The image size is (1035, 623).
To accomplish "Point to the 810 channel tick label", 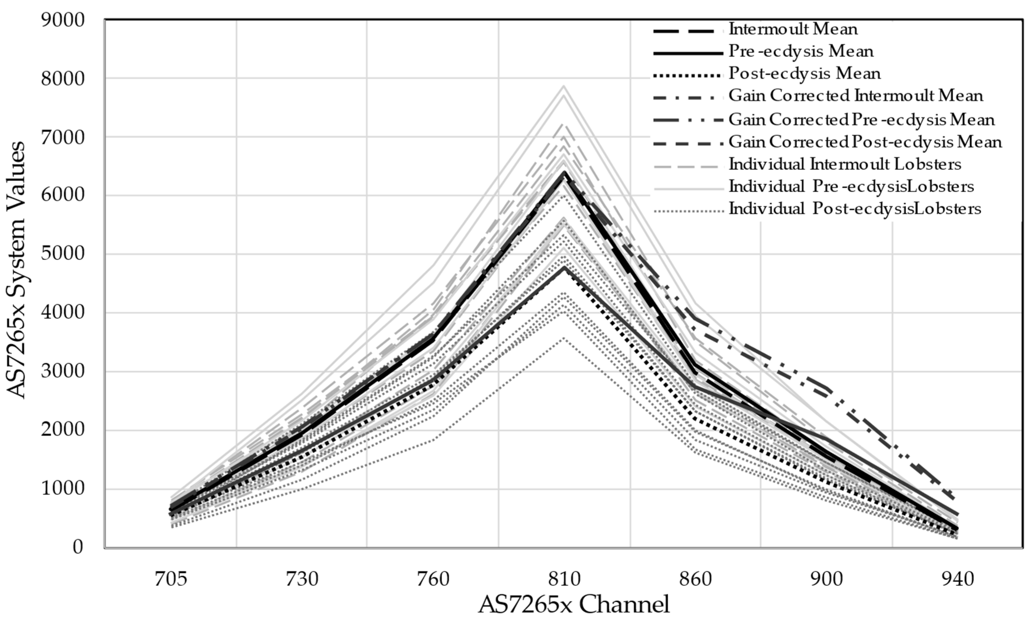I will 564,579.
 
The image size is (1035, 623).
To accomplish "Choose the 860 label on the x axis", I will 695,579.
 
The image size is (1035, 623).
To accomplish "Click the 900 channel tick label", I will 826,579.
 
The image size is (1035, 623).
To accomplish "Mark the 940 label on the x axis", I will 957,579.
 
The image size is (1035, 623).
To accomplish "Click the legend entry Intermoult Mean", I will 793,29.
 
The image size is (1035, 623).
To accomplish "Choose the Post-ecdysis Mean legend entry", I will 804,74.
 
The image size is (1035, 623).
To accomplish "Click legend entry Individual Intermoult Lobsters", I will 845,164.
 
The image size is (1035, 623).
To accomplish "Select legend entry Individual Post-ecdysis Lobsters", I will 855,209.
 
